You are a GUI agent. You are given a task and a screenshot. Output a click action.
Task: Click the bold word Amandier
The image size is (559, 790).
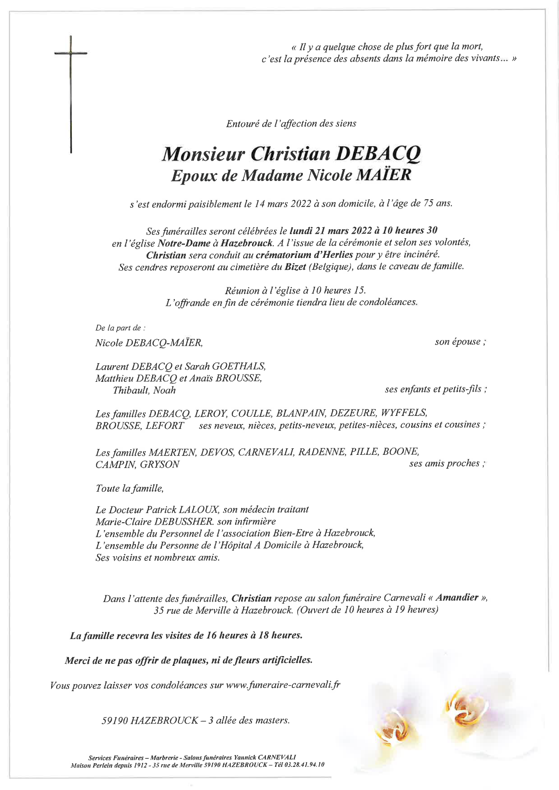(457, 598)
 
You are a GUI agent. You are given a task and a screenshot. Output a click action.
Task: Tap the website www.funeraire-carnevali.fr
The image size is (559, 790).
(283, 686)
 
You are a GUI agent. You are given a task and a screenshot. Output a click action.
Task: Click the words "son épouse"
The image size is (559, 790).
(458, 342)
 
